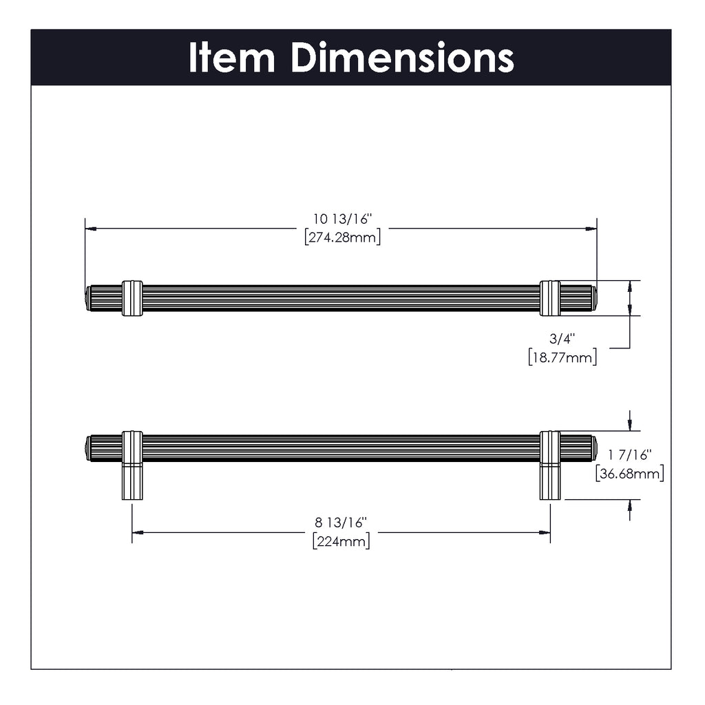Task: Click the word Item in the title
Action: (x=231, y=59)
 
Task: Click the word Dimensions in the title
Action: (x=402, y=59)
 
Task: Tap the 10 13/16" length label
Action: (x=342, y=220)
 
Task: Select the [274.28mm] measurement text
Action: (x=342, y=237)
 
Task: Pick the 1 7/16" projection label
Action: (x=629, y=454)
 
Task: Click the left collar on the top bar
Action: (x=132, y=298)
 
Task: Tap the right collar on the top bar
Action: (x=550, y=298)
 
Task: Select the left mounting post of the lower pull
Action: (x=132, y=481)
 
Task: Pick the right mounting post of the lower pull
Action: (x=550, y=481)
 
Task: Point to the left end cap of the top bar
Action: (x=87, y=298)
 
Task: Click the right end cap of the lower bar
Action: (x=594, y=448)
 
